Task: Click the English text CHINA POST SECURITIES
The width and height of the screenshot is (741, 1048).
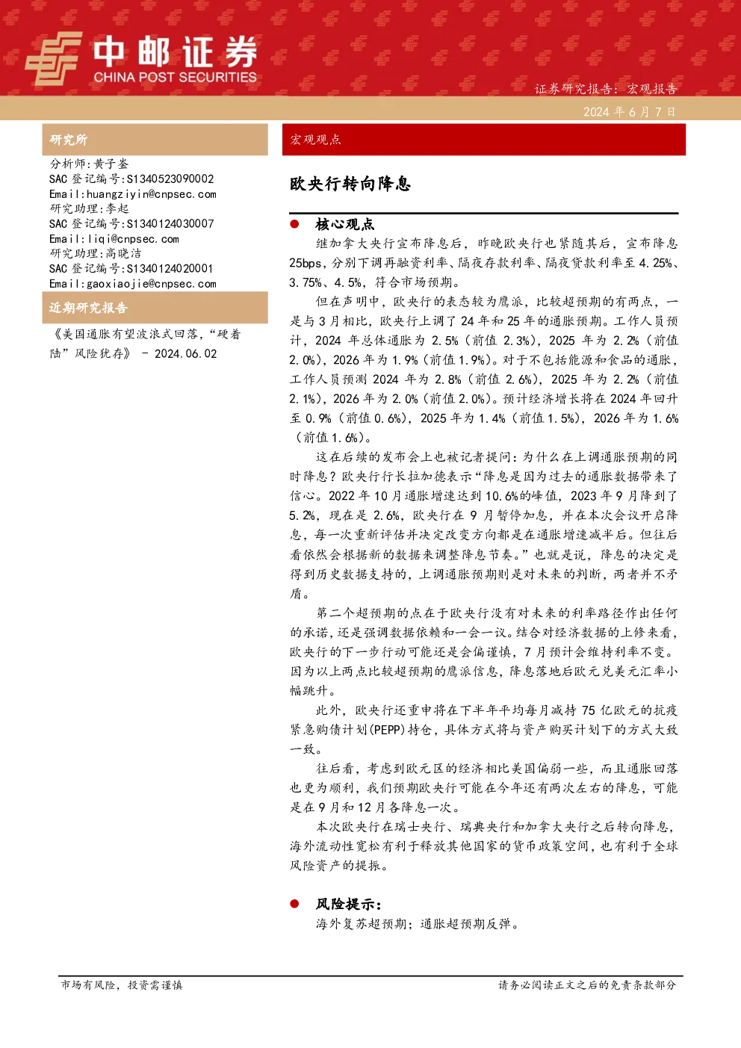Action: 175,77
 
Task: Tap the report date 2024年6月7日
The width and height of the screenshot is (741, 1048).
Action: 629,112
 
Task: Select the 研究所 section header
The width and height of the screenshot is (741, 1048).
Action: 68,140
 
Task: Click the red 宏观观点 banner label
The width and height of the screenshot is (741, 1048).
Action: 315,140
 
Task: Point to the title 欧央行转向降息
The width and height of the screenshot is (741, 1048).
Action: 350,184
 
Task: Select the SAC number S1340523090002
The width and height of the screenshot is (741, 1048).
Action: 170,179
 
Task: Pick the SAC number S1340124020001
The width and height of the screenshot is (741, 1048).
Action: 170,269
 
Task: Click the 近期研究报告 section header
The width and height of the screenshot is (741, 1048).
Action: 88,308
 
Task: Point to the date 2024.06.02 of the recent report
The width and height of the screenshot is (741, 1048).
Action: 186,354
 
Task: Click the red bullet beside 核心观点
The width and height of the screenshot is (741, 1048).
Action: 294,224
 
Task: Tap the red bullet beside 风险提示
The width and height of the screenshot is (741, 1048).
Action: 294,904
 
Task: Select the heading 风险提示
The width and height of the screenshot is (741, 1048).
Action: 348,905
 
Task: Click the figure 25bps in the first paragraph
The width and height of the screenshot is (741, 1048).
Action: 305,264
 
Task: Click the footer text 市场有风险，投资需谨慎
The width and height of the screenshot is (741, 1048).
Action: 122,985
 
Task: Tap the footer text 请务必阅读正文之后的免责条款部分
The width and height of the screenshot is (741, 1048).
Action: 587,985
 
